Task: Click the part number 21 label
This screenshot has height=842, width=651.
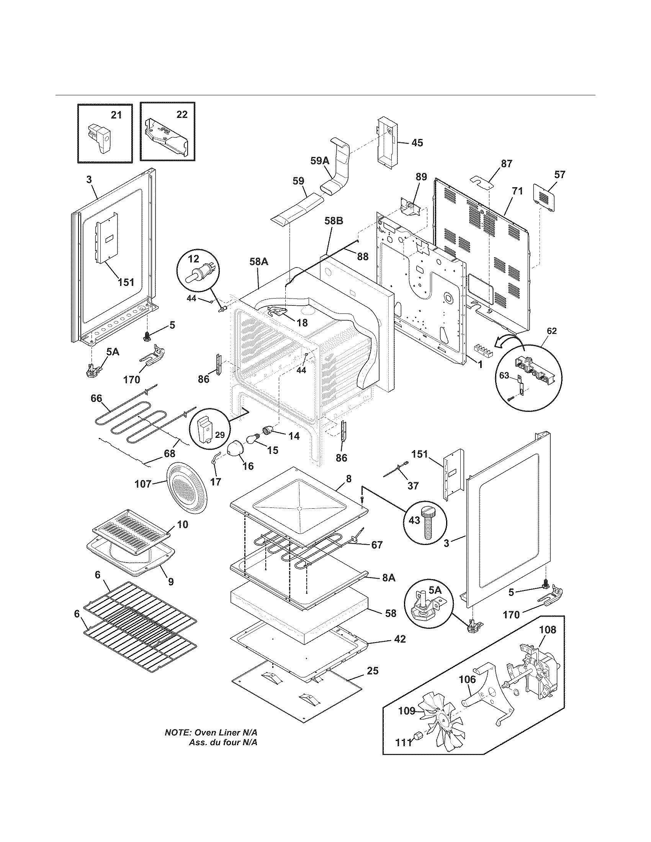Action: [116, 114]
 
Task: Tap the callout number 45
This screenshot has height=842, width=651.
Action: [417, 143]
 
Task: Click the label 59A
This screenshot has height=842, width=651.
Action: [320, 161]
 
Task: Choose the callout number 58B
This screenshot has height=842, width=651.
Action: [334, 221]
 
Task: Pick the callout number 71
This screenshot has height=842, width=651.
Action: [517, 191]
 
